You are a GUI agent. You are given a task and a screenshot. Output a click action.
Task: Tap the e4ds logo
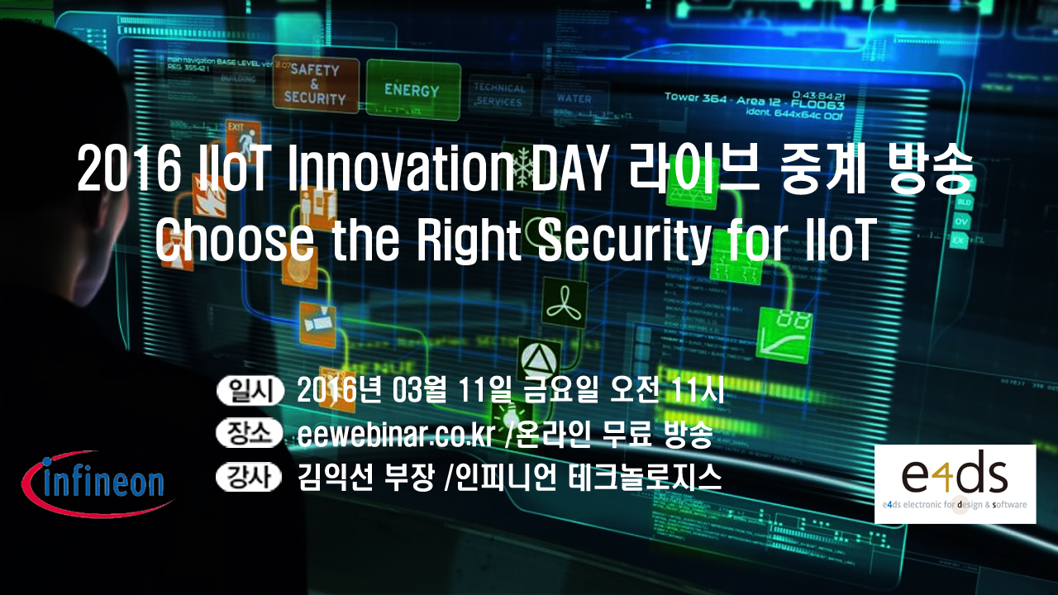click(x=955, y=483)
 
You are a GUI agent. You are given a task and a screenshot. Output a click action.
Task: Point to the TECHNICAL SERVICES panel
click(x=499, y=94)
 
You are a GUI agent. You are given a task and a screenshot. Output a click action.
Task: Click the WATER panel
click(x=574, y=98)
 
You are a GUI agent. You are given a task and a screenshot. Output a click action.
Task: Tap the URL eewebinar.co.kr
click(x=393, y=435)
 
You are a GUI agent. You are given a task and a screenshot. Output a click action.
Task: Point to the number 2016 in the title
click(x=128, y=168)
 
